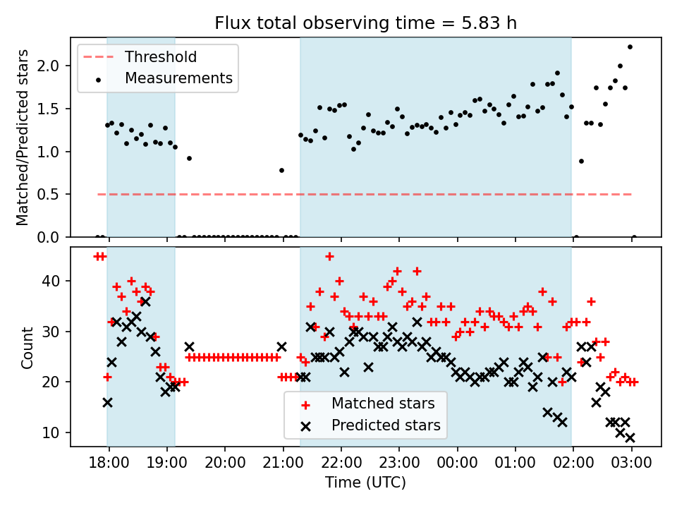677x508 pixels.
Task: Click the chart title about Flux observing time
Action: tap(366, 23)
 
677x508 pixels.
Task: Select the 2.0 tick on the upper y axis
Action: tap(54, 66)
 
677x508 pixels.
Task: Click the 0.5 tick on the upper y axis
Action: tap(54, 194)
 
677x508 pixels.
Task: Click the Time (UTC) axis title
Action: tap(365, 483)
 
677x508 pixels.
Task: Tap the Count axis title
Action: tap(28, 347)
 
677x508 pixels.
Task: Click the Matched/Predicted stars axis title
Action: tap(23, 138)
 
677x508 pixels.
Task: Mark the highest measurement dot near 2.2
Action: tap(630, 47)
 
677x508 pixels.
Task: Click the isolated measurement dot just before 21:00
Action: tap(281, 170)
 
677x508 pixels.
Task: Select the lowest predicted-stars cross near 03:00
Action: tap(630, 437)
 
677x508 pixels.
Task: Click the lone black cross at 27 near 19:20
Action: tap(189, 346)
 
